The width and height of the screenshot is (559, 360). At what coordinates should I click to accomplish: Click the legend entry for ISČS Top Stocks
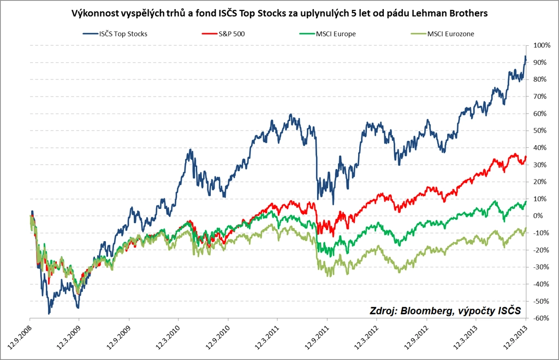[123, 34]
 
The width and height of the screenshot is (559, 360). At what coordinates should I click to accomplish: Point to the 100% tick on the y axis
[542, 45]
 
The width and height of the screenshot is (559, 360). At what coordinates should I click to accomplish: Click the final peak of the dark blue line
[525, 56]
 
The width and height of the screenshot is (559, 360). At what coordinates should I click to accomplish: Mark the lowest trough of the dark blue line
[49, 314]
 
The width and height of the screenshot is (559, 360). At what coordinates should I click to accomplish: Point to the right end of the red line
[526, 157]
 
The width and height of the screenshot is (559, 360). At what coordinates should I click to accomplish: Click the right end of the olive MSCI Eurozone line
[526, 228]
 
